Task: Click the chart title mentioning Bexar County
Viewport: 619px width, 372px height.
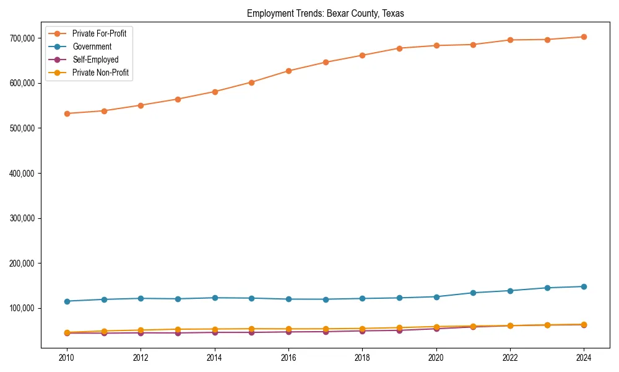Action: coord(325,14)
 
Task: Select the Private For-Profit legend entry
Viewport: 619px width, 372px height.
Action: coord(99,33)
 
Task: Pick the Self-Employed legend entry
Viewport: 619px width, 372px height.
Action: coord(95,60)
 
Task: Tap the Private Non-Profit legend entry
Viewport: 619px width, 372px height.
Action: coord(101,73)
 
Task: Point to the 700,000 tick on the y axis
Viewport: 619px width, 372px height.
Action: coord(22,38)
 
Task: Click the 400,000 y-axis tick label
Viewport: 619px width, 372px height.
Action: coord(22,174)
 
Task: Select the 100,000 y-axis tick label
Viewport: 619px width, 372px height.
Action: coord(22,309)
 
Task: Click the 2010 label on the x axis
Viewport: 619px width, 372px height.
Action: coord(67,358)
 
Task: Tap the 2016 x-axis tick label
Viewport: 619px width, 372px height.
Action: coord(288,358)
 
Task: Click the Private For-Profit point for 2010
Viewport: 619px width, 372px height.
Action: coord(67,113)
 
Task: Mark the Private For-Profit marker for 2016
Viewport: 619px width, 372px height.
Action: coord(288,71)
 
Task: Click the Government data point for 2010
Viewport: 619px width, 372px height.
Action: coord(67,301)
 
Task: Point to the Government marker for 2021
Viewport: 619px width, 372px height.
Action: coord(473,293)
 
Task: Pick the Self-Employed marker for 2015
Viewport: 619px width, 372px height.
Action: coord(251,332)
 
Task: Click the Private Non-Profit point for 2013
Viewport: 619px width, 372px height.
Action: coord(178,329)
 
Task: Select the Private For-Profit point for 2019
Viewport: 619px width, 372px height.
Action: coord(399,48)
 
